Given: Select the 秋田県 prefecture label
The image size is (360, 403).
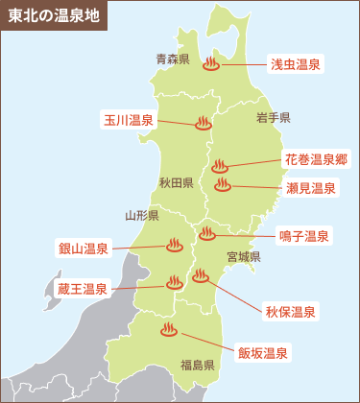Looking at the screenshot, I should (177, 181).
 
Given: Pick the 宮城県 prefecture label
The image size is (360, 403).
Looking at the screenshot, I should (244, 257).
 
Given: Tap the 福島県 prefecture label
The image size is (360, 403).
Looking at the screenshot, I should (197, 365).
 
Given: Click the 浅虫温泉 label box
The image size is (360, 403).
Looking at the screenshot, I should (294, 64).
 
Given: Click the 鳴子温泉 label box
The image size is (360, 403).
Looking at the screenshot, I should (304, 235).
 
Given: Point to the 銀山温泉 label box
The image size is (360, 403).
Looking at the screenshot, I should (84, 249).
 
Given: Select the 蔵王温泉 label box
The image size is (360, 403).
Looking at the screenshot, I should (83, 288).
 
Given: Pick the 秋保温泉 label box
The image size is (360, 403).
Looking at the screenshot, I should (291, 312).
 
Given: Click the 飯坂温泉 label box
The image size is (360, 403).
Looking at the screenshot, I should (264, 352).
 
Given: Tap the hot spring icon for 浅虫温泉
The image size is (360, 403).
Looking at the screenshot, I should (212, 65).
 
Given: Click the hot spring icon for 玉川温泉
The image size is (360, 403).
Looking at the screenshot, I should (203, 123).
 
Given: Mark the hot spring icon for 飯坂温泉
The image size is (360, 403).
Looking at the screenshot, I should (168, 331).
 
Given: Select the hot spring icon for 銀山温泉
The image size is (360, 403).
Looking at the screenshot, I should (175, 245).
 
